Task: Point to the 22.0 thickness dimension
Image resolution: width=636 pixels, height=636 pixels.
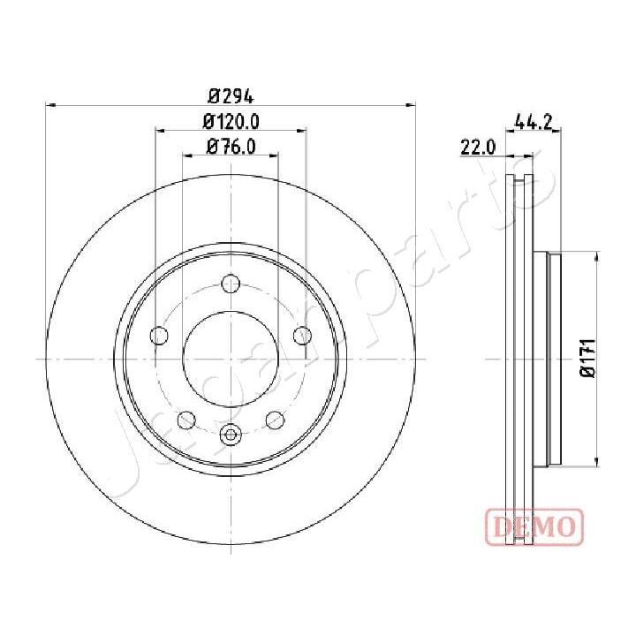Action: pos(478,148)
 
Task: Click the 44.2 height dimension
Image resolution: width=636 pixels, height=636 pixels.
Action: pos(533,125)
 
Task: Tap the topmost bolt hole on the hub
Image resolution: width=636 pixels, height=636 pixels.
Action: pos(231,284)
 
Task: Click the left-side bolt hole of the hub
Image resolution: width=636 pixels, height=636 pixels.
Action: pos(160,336)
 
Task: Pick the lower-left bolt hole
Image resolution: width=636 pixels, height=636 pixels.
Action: pos(187,419)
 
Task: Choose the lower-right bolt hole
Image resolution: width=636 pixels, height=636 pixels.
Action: pos(274,419)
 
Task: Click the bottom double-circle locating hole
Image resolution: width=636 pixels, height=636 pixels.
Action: pos(231,433)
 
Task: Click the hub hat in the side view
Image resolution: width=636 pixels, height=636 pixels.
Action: pos(554,359)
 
